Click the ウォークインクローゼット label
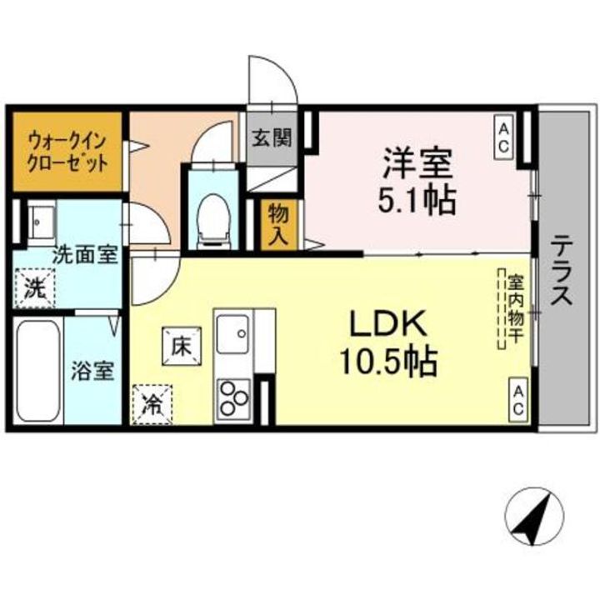click(67, 151)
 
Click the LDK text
click(387, 322)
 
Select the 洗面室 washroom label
click(85, 255)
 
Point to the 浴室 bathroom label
click(92, 371)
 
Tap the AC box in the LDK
click(517, 397)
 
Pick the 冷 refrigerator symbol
click(152, 405)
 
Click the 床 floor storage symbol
click(182, 343)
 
